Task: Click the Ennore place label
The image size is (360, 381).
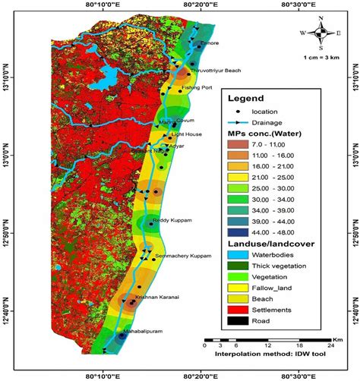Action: pos(210,44)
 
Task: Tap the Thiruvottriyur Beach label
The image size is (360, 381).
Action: pos(215,71)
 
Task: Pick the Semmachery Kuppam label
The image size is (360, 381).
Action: pos(182,256)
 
